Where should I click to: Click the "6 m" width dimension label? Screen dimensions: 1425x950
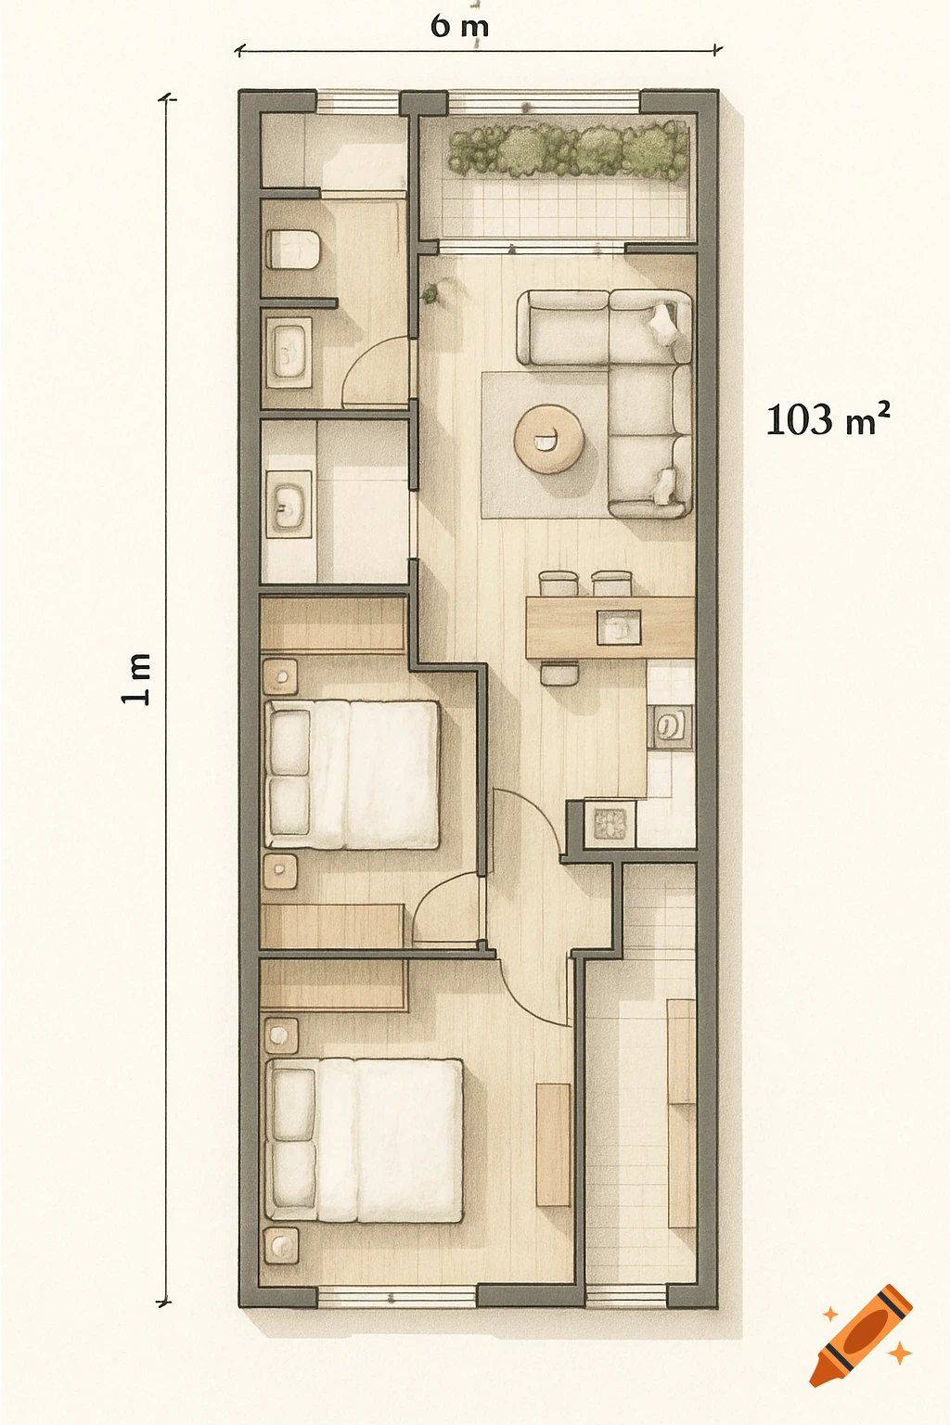tap(459, 26)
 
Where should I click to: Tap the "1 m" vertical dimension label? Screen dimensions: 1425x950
tap(136, 678)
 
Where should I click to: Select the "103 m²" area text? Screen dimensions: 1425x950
tap(828, 420)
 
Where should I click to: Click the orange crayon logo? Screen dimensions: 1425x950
tap(860, 1335)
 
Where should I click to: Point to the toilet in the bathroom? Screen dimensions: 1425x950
tap(293, 249)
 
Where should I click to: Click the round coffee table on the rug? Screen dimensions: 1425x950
tap(549, 440)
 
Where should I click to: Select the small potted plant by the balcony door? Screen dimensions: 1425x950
tap(430, 295)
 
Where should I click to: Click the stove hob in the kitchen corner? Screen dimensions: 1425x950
tap(610, 823)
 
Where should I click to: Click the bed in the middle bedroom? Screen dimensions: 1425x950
tap(352, 775)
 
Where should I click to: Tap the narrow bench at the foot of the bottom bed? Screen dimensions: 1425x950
tap(553, 1144)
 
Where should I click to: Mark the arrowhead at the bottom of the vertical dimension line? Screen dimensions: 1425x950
tap(165, 1303)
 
